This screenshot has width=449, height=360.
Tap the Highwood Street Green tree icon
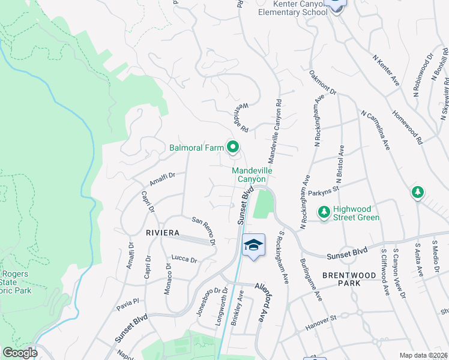324,212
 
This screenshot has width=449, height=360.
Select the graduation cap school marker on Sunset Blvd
253,245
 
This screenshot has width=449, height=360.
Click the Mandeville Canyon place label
253,175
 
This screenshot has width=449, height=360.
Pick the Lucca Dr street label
184,259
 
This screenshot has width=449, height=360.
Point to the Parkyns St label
324,191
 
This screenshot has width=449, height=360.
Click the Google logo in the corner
19,353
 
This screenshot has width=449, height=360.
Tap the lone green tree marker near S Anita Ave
417,193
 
